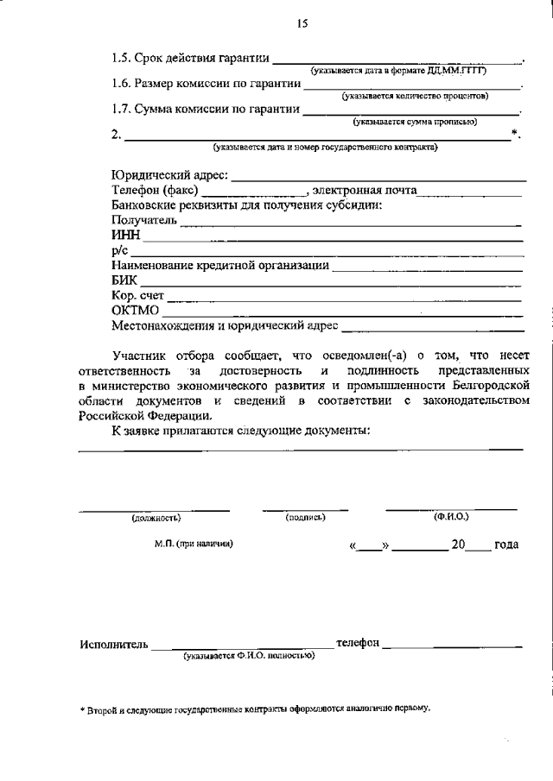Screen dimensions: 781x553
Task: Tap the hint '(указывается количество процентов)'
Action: click(415, 96)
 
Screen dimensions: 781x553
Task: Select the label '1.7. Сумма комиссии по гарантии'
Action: click(207, 110)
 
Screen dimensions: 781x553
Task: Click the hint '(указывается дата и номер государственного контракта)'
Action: click(327, 148)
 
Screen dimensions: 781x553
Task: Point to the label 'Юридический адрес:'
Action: click(170, 176)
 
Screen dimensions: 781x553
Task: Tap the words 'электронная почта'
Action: click(365, 191)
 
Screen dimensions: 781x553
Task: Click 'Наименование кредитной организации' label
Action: click(220, 266)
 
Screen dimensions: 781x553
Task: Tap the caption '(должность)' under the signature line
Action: click(156, 519)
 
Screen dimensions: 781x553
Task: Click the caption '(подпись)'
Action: click(304, 518)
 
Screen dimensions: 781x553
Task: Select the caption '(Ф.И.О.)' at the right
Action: click(451, 517)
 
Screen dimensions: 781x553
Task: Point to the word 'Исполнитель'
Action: click(114, 645)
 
